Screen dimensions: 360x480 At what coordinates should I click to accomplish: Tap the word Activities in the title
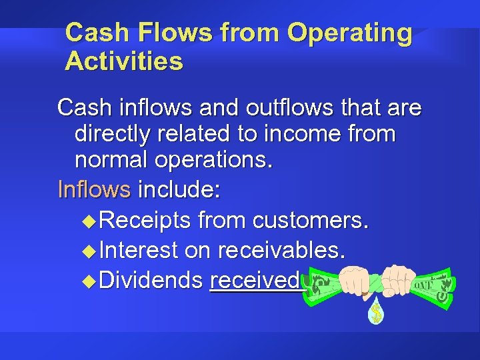[124, 61]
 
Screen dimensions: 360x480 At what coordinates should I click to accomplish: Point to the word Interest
[138, 250]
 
